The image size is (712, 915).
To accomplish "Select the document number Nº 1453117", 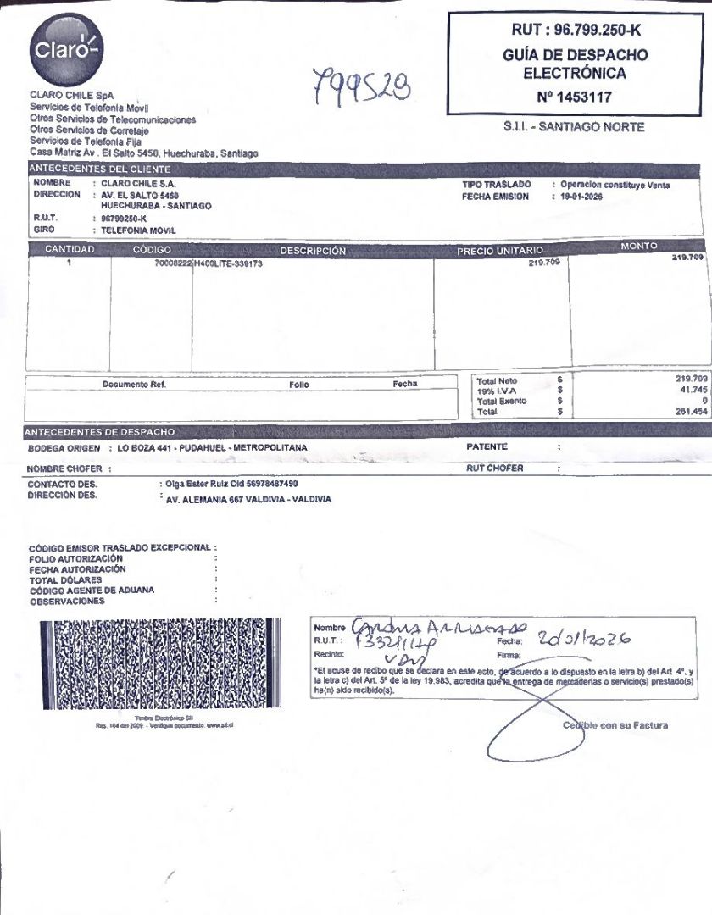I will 574,97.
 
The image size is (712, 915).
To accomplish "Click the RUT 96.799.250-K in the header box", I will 576,30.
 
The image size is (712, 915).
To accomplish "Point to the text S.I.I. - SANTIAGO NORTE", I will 574,127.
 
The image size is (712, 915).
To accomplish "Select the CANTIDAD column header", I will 70,250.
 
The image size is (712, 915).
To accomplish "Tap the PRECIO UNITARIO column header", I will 500,251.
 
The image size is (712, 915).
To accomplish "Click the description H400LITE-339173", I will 229,263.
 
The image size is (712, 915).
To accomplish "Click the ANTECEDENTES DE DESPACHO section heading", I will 101,432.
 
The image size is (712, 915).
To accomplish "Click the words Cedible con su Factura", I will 615,725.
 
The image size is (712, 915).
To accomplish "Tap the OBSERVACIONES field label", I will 67,602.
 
